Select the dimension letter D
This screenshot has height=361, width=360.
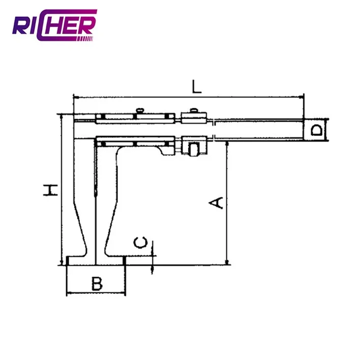(x=316, y=130)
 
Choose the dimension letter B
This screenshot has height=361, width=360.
(x=97, y=284)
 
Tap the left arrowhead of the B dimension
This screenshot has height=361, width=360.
(x=69, y=293)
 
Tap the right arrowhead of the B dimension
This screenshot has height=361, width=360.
(x=123, y=293)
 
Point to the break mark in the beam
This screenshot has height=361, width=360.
(x=214, y=130)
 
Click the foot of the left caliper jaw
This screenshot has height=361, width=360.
(x=81, y=261)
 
